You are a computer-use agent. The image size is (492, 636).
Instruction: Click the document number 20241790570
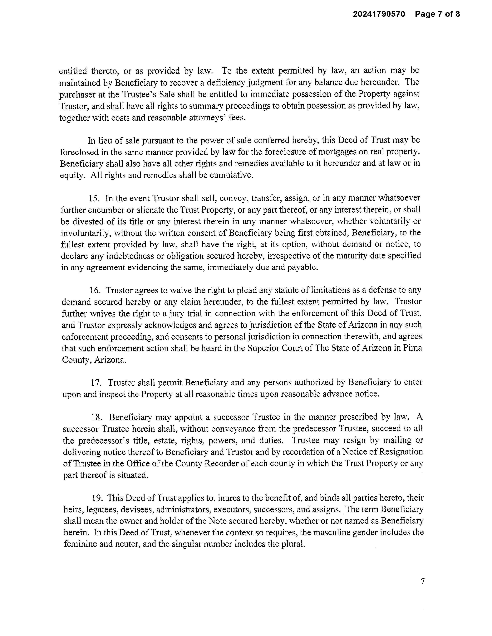pyautogui.click(x=379, y=14)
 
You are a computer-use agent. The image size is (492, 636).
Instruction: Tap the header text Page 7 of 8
pyautogui.click(x=437, y=14)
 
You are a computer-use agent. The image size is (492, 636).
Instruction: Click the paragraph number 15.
pyautogui.click(x=94, y=199)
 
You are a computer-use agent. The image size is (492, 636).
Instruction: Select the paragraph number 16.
pyautogui.click(x=95, y=290)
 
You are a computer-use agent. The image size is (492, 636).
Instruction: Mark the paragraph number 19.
pyautogui.click(x=97, y=498)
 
